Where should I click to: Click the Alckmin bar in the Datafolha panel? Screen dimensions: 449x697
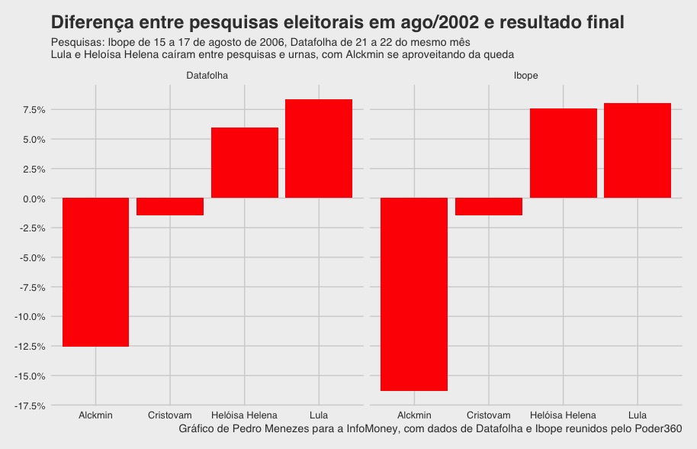(95, 272)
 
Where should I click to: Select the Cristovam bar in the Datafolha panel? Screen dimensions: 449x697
(170, 206)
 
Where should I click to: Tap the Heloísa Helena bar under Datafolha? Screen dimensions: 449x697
(244, 163)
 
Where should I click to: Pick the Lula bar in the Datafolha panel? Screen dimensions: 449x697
(319, 149)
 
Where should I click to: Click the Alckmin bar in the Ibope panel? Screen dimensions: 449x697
(414, 294)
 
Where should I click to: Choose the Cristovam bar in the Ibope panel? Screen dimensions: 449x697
(489, 206)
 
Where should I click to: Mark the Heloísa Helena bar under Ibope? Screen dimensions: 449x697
(563, 153)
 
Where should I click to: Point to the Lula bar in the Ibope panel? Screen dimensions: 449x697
(638, 150)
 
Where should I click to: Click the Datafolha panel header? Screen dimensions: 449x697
(207, 76)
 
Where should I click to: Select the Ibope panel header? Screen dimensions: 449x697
(526, 76)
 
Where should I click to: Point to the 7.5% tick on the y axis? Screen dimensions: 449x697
(34, 110)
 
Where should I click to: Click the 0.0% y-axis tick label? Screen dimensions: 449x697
(34, 199)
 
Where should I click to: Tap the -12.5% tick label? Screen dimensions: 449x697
(31, 347)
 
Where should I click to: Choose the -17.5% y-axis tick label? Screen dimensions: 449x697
(31, 405)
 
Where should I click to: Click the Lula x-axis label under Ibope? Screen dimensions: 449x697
(638, 415)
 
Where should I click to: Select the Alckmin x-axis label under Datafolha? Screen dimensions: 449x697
(95, 415)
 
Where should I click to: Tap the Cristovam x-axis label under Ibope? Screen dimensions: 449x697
(489, 415)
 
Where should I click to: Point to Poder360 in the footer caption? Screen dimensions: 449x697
(660, 429)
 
